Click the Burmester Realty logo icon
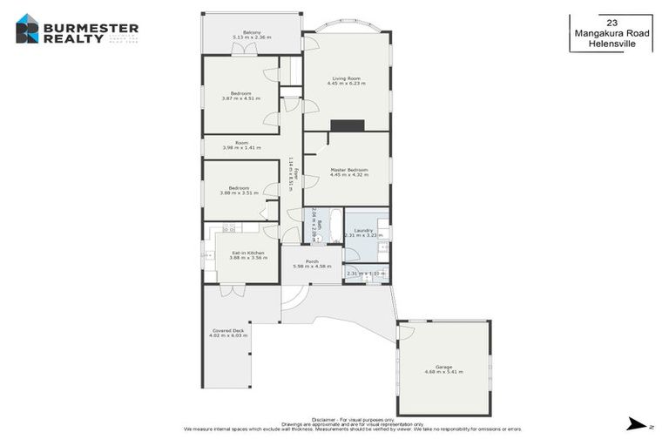coord(27,30)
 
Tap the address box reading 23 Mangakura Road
coord(611,32)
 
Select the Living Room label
coord(346,78)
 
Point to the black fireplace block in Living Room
coord(347,125)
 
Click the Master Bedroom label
coord(348,170)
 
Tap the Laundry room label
coord(363,230)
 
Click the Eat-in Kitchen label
coord(248,253)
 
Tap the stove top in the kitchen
coord(229,229)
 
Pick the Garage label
coord(443,367)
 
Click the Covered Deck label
coord(228,330)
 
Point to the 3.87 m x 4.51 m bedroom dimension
coord(241,98)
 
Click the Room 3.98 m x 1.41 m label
coord(241,144)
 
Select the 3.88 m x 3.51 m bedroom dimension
coord(240,193)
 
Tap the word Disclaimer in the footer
coord(298,419)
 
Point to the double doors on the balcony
coord(249,51)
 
